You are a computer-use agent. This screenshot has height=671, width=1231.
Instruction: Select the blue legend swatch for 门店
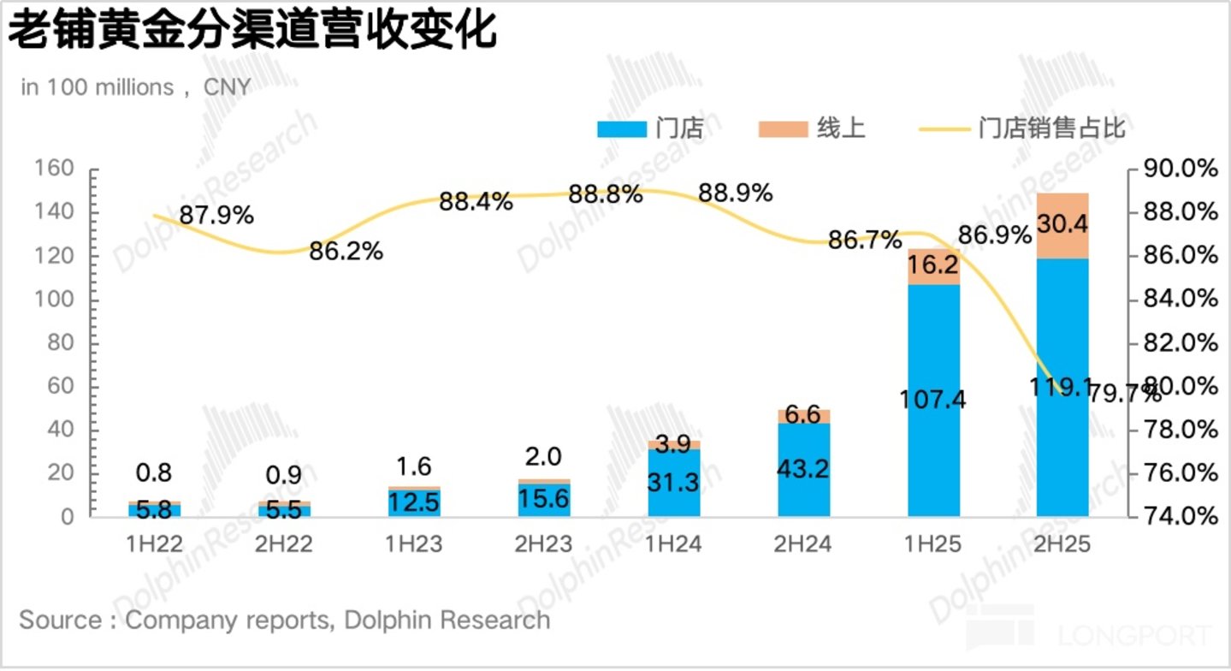pos(622,129)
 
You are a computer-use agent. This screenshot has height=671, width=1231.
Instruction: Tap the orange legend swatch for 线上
pos(783,129)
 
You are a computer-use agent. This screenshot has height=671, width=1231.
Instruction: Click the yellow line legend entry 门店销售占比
pos(1022,128)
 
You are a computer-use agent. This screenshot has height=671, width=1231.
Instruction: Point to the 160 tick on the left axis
pos(54,168)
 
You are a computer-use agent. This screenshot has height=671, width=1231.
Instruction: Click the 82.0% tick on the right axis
pos(1181,342)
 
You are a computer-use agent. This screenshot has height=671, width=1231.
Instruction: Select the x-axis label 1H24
pos(673,544)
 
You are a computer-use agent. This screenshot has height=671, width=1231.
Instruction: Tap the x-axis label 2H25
pos(1062,544)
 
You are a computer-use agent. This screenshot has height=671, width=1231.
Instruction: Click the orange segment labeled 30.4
pos(1062,226)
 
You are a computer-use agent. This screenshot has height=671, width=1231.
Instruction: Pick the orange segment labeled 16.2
pos(933,267)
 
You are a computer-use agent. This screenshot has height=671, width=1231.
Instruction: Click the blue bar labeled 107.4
pos(933,401)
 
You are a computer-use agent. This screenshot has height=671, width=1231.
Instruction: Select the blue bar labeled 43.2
pos(804,470)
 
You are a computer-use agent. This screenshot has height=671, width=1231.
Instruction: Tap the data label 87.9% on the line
pos(216,215)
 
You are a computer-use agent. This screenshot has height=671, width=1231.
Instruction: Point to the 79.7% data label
pos(1124,393)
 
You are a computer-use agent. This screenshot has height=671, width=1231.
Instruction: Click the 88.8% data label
pos(605,194)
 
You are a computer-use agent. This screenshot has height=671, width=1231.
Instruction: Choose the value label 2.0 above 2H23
pos(543,456)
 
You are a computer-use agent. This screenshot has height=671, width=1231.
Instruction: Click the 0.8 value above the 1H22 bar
pos(154,472)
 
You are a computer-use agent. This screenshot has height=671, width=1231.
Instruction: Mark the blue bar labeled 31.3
pos(674,483)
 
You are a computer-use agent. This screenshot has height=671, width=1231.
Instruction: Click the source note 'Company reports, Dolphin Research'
pos(337,621)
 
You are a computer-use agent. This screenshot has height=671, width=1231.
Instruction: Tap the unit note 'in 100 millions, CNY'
pos(136,87)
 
